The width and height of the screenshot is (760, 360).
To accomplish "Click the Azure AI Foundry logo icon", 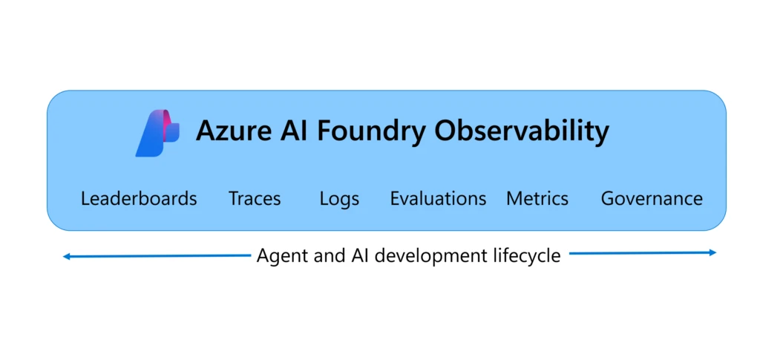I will (157, 133).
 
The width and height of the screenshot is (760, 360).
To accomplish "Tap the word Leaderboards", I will (139, 199).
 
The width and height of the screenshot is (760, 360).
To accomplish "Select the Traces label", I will (255, 199).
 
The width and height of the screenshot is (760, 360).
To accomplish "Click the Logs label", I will (339, 199).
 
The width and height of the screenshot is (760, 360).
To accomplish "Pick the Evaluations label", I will (438, 199).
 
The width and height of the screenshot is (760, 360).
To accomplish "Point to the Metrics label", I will (537, 199).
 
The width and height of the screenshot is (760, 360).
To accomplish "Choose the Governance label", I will (652, 199).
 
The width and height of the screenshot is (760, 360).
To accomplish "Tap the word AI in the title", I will (291, 131).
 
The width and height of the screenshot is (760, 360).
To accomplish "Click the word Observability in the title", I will (522, 131).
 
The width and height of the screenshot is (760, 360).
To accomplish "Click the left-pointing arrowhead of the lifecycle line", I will (67, 257).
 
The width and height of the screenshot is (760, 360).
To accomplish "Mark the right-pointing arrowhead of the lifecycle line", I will (712, 253).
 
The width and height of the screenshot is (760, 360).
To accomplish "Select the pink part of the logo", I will (169, 119).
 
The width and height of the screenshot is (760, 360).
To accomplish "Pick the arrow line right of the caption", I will (638, 253).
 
